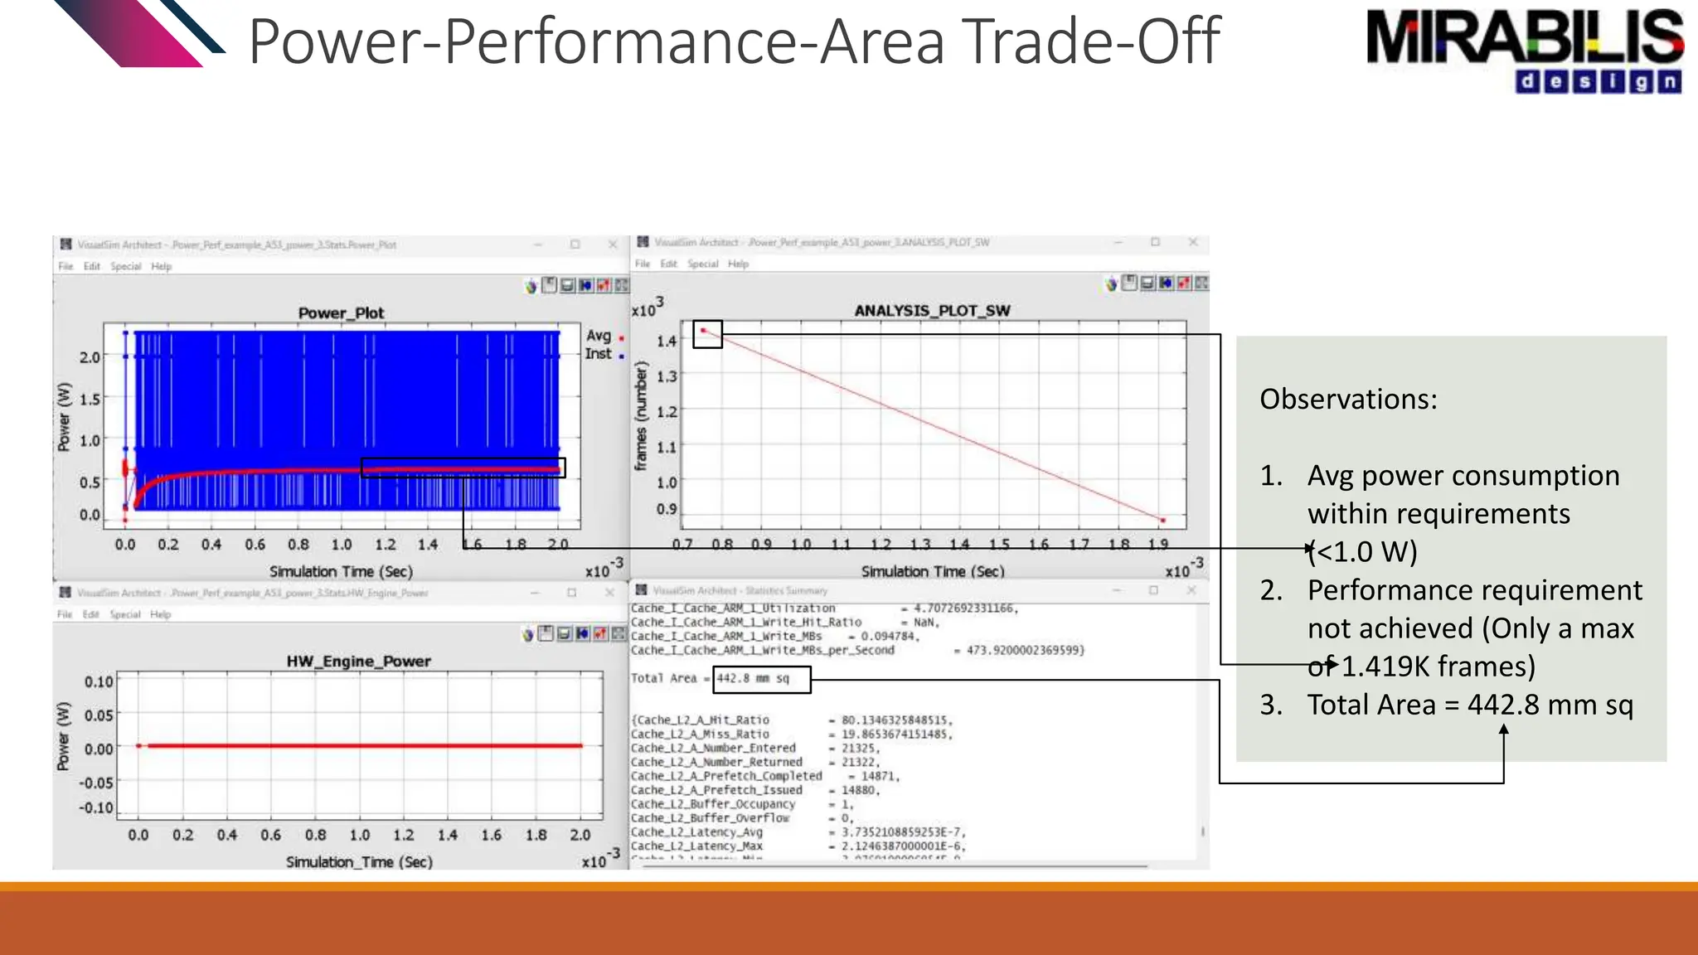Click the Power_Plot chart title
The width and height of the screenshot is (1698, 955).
(x=341, y=313)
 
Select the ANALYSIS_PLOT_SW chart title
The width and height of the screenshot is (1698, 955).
(x=932, y=310)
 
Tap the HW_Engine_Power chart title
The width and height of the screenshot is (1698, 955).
(x=358, y=661)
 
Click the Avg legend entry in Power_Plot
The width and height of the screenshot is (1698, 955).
(x=599, y=336)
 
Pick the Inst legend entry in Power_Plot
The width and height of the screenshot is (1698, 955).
(x=599, y=354)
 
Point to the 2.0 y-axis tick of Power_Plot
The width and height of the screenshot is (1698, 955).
(x=89, y=357)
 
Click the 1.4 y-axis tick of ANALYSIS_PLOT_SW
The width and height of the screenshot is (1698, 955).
(x=666, y=341)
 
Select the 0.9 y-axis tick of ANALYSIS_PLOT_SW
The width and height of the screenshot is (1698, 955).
(x=666, y=509)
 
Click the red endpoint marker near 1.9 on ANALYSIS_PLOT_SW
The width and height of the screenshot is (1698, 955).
(x=1162, y=520)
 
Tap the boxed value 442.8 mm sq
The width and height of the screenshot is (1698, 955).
(x=753, y=678)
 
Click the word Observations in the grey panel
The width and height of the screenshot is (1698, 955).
(x=1348, y=400)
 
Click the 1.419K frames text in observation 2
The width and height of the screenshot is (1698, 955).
(x=1438, y=667)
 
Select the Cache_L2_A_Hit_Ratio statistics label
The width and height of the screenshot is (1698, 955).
(x=700, y=720)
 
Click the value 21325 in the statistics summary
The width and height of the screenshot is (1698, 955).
(x=859, y=748)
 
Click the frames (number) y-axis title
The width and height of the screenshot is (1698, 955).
(x=640, y=417)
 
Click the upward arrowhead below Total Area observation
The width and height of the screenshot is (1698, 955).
(x=1503, y=730)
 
